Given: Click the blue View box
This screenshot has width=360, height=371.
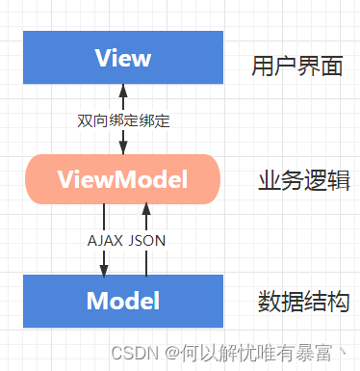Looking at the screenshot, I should (x=122, y=58).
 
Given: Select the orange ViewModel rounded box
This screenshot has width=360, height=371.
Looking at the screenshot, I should (x=122, y=179).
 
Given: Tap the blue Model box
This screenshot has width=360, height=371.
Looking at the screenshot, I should (x=122, y=301).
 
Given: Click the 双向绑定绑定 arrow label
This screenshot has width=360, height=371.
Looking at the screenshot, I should (x=122, y=122).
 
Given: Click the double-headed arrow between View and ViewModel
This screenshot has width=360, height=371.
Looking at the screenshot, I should (x=122, y=106).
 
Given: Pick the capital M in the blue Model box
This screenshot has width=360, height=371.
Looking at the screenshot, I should (x=96, y=301).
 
